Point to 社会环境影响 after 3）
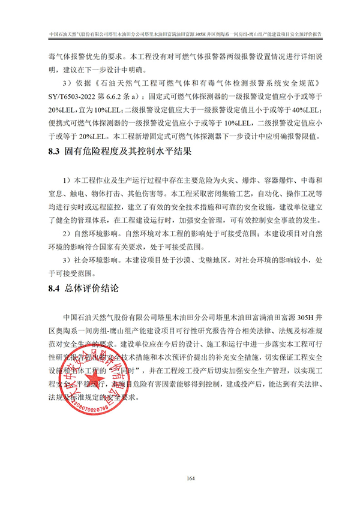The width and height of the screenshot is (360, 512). [x=95, y=260]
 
